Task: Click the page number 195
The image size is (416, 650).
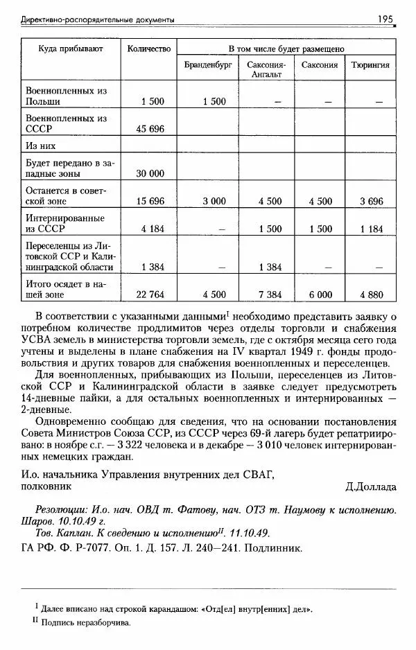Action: pos(385,19)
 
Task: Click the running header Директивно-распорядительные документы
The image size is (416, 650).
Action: pos(96,19)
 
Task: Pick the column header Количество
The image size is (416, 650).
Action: pos(148,49)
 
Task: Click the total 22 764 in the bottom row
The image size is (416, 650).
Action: pos(151,295)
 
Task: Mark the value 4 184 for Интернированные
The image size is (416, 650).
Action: pos(151,229)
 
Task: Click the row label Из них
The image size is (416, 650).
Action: pos(40,146)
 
